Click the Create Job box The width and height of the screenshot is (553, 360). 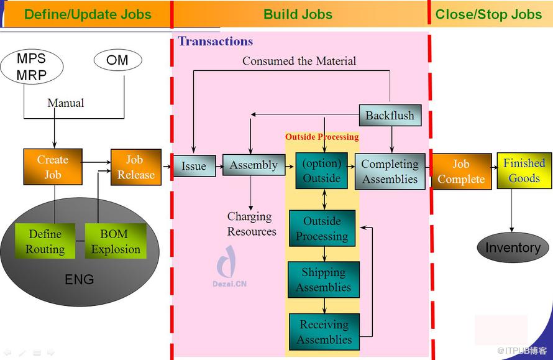pyautogui.click(x=53, y=167)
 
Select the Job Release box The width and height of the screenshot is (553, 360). pyautogui.click(x=136, y=167)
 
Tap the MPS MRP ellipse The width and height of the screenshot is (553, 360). pyautogui.click(x=31, y=67)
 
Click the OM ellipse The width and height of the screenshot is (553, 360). pyautogui.click(x=117, y=60)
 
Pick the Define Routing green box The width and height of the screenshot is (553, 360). pyautogui.click(x=45, y=241)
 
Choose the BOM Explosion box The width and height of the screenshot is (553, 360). pyautogui.click(x=116, y=241)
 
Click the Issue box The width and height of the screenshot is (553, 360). pyautogui.click(x=194, y=166)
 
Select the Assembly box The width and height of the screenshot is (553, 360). pyautogui.click(x=254, y=165)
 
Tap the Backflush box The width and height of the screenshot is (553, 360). pyautogui.click(x=390, y=116)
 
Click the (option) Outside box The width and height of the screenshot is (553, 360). pyautogui.click(x=321, y=170)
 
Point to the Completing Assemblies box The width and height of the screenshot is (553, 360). pyautogui.click(x=390, y=172)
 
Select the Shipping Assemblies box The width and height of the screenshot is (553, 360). pyautogui.click(x=324, y=280)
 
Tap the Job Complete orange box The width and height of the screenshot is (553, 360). pyautogui.click(x=461, y=172)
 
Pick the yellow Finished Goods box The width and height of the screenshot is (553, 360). pyautogui.click(x=524, y=170)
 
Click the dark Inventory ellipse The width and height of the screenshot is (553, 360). pyautogui.click(x=513, y=247)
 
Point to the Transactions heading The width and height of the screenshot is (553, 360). pyautogui.click(x=216, y=42)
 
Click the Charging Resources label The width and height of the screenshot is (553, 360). pyautogui.click(x=252, y=224)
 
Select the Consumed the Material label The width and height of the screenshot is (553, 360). pyautogui.click(x=299, y=61)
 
